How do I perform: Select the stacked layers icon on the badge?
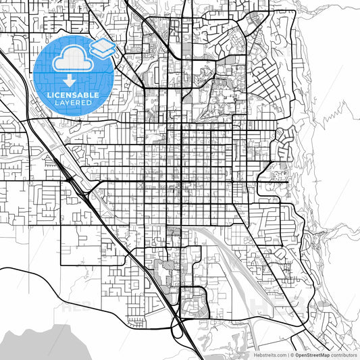click(103, 48)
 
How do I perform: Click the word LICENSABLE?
click(72, 95)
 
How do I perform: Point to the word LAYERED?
click(72, 103)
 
